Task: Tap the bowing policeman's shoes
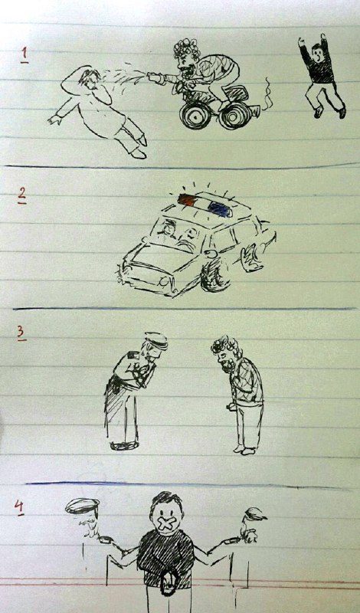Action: [124, 444]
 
